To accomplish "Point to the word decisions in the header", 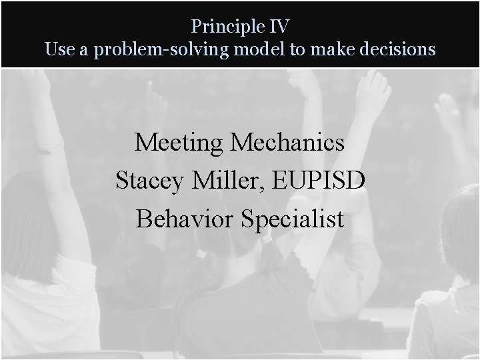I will coord(399,49).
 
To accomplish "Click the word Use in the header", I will coord(58,49).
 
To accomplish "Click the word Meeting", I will coord(178,142).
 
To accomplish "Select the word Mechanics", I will coord(287,142).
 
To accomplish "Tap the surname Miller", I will coord(225,180).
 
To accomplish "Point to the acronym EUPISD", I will coord(317,180).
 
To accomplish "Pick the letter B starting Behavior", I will coord(142,219).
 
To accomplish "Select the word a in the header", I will coord(85,51).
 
